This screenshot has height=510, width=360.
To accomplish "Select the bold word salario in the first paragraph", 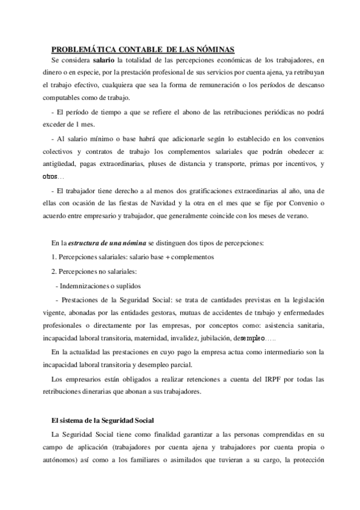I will click(104, 60).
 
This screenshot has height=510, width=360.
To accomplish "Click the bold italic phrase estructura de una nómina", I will click(106, 243).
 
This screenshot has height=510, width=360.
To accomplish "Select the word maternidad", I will click(157, 338).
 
